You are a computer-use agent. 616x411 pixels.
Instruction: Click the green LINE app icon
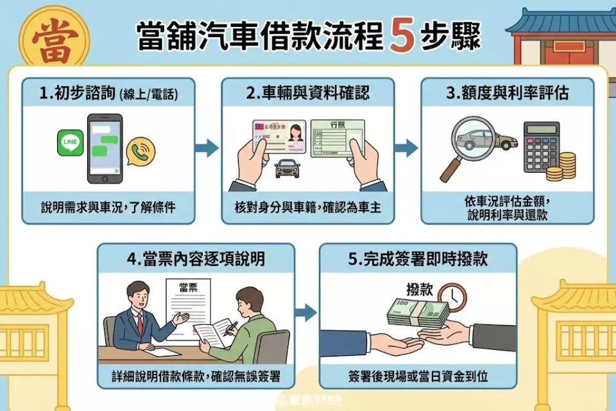click(71, 143)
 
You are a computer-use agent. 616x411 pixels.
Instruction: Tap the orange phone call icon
click(141, 152)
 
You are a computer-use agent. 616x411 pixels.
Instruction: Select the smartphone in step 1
click(105, 148)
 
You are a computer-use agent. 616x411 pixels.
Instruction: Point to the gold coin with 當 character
click(55, 35)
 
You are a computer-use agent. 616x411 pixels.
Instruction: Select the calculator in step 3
click(541, 146)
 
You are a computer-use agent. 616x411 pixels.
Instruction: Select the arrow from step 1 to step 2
click(207, 148)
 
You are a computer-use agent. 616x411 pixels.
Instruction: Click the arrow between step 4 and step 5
click(305, 313)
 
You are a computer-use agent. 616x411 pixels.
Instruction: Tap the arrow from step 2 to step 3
click(406, 148)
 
